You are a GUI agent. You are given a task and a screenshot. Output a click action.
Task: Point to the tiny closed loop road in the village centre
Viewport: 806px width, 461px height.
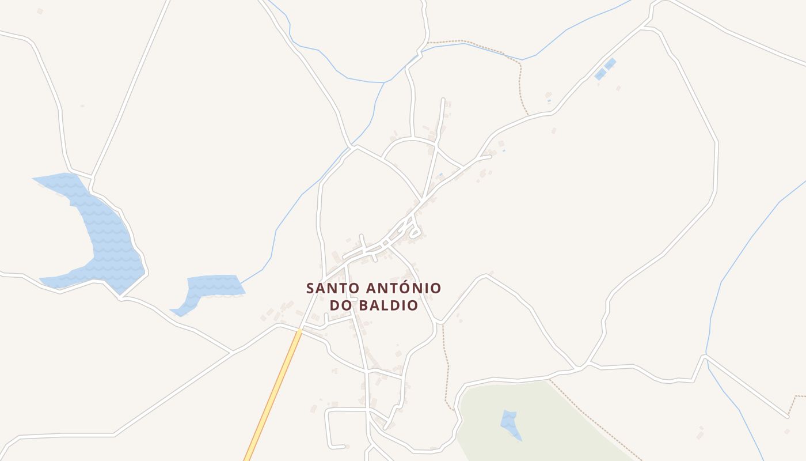[x=415, y=233]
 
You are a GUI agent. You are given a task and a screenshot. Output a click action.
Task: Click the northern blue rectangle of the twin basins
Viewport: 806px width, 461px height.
[x=610, y=63]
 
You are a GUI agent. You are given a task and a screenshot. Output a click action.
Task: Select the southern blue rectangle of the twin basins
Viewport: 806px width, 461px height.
[x=600, y=74]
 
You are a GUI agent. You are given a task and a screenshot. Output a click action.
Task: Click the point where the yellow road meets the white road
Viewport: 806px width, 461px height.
[x=300, y=331]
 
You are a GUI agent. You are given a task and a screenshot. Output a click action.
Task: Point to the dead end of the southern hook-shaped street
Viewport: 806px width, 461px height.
[x=344, y=446]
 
